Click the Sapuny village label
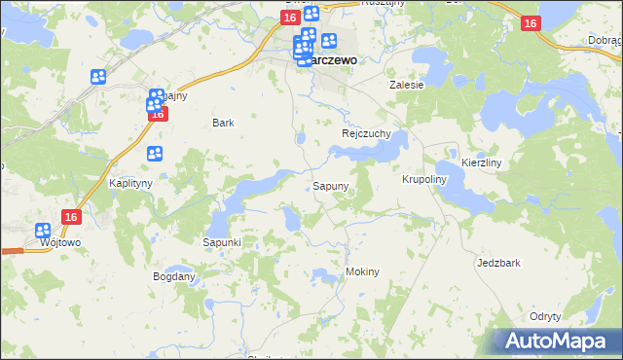point(331,185)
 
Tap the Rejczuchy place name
point(366,133)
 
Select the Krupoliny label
point(423,180)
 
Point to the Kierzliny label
point(481,162)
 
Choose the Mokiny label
point(362,271)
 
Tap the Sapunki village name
point(221,241)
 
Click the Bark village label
point(223,123)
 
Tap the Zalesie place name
point(407,85)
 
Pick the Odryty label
point(545,317)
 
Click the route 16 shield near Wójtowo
point(69,218)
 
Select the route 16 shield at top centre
point(291,18)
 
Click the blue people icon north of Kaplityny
point(155,153)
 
